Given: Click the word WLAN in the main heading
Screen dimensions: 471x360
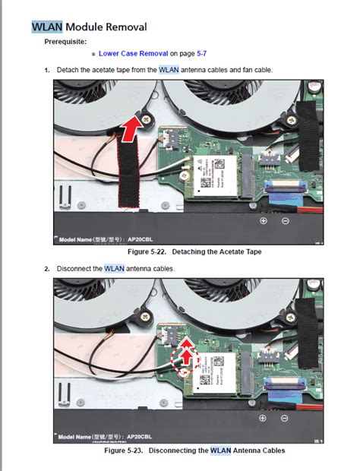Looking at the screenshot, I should [x=46, y=27].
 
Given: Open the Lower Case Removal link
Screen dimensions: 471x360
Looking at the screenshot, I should [x=133, y=55].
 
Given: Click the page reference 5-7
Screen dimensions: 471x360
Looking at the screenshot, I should [x=202, y=55].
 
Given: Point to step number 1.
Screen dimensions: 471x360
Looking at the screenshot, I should [x=47, y=70].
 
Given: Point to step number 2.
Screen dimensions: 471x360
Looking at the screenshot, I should [x=47, y=268].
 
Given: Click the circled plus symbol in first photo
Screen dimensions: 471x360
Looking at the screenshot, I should [x=263, y=221].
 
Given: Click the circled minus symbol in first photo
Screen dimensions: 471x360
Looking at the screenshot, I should [x=285, y=221].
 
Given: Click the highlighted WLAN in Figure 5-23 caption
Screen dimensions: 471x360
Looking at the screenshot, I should [x=220, y=450].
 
